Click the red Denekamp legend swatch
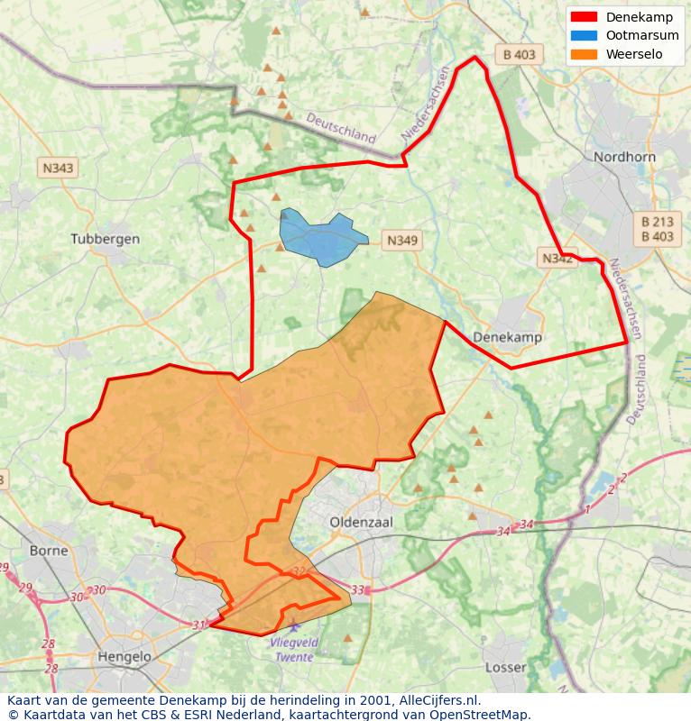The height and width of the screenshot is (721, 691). (x=584, y=17)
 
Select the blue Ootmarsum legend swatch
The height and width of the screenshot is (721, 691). (x=584, y=35)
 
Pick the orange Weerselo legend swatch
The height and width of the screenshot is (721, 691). (x=584, y=54)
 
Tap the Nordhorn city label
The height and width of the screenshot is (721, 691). (x=622, y=157)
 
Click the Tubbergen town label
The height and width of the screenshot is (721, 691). (x=105, y=239)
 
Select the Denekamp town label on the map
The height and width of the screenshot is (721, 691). (x=508, y=336)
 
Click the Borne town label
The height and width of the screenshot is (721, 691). (x=49, y=550)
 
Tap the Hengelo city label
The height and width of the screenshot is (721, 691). (x=124, y=657)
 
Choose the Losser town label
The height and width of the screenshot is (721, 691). (x=505, y=667)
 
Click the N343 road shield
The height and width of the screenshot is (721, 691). (x=58, y=168)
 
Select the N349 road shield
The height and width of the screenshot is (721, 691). (x=402, y=240)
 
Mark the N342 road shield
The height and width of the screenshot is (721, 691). (x=557, y=259)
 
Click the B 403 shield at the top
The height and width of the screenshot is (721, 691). (x=519, y=54)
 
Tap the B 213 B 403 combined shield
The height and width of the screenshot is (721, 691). (x=657, y=229)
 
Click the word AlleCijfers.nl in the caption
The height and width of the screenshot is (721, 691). (x=438, y=700)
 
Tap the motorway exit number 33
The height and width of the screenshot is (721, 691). (x=358, y=589)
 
